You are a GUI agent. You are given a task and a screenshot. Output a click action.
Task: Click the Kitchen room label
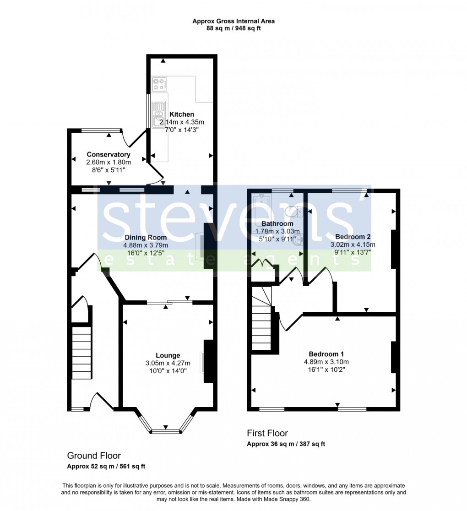pos(182,114)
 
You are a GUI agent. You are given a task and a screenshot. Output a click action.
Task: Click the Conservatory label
pos(109,155)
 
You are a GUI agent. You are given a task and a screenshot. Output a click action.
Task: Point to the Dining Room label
pos(146,238)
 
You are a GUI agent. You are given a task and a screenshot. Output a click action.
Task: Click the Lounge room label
pos(168,355)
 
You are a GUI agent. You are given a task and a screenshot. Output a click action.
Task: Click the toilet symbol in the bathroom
pos(293,211)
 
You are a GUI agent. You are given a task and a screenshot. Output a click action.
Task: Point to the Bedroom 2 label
pos(353,237)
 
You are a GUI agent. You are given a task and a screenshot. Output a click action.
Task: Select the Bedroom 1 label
pos(326,354)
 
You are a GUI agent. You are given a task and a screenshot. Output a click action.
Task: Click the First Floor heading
pos(267,433)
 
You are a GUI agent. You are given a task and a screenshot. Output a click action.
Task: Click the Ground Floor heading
pos(94,456)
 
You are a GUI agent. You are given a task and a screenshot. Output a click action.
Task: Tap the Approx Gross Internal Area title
pos(233,21)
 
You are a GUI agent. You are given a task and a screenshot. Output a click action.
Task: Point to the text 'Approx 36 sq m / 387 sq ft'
pos(286,444)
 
